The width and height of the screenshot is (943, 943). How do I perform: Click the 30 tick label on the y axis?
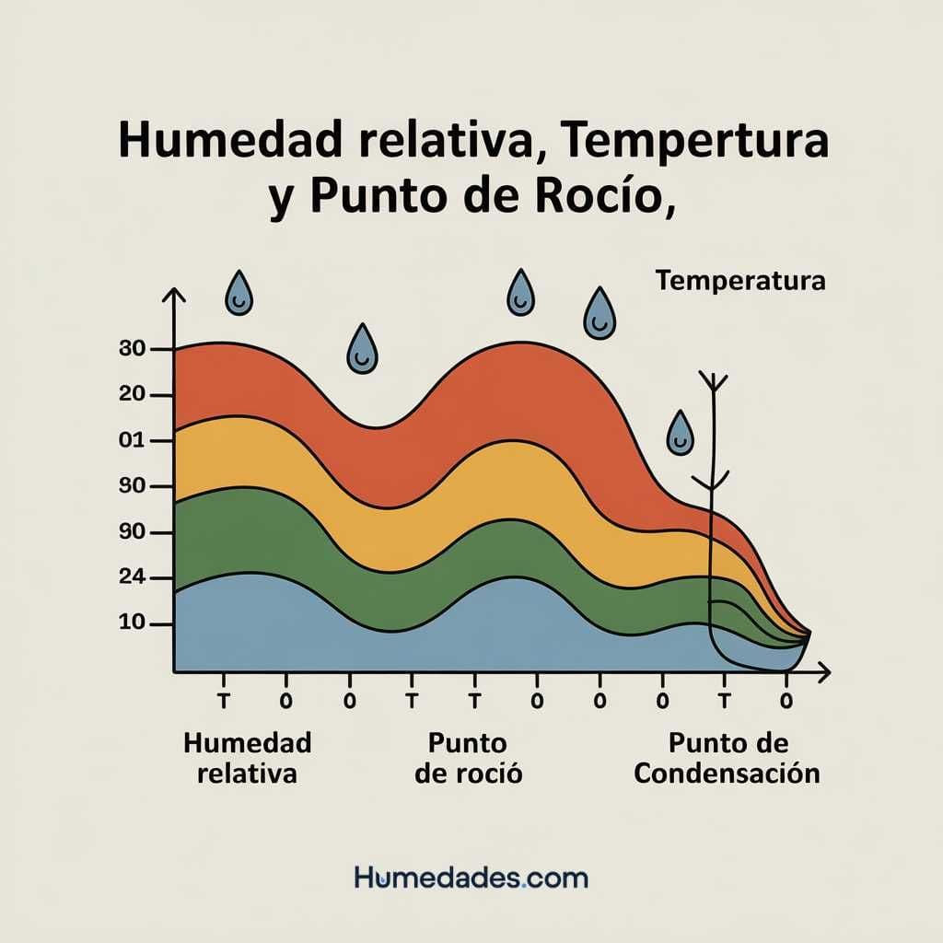[134, 349]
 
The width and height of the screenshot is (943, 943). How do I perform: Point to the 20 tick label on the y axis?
[134, 395]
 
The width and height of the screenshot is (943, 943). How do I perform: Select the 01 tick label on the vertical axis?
[134, 440]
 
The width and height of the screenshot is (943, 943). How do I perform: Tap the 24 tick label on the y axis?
[134, 578]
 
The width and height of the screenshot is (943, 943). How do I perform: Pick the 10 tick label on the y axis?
[134, 623]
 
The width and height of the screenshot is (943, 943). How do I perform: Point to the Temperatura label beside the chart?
[740, 280]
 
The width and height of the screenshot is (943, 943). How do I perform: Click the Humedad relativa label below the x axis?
[248, 757]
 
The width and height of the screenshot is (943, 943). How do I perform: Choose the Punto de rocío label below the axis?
[468, 757]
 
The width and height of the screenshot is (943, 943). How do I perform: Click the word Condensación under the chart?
[727, 772]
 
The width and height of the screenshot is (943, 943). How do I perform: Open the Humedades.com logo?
[471, 877]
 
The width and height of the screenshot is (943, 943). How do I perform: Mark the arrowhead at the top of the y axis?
[173, 295]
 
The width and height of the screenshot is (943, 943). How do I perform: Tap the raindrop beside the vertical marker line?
[681, 433]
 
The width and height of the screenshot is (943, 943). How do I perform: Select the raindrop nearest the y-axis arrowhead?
[239, 292]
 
